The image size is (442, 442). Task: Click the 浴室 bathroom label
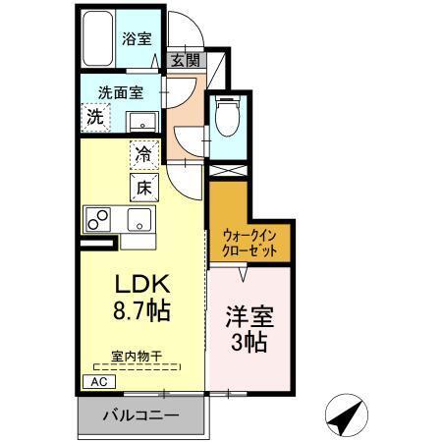point(137,38)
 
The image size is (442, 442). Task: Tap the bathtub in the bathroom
point(98,39)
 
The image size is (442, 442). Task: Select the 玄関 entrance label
point(185,61)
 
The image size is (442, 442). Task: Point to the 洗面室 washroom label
point(119,92)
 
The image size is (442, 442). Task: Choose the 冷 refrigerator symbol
point(143,154)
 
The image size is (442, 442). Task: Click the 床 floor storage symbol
point(143,185)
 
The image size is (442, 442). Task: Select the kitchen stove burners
point(101,217)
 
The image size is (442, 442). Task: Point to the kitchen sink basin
point(138,218)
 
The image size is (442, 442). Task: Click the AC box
point(98,381)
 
